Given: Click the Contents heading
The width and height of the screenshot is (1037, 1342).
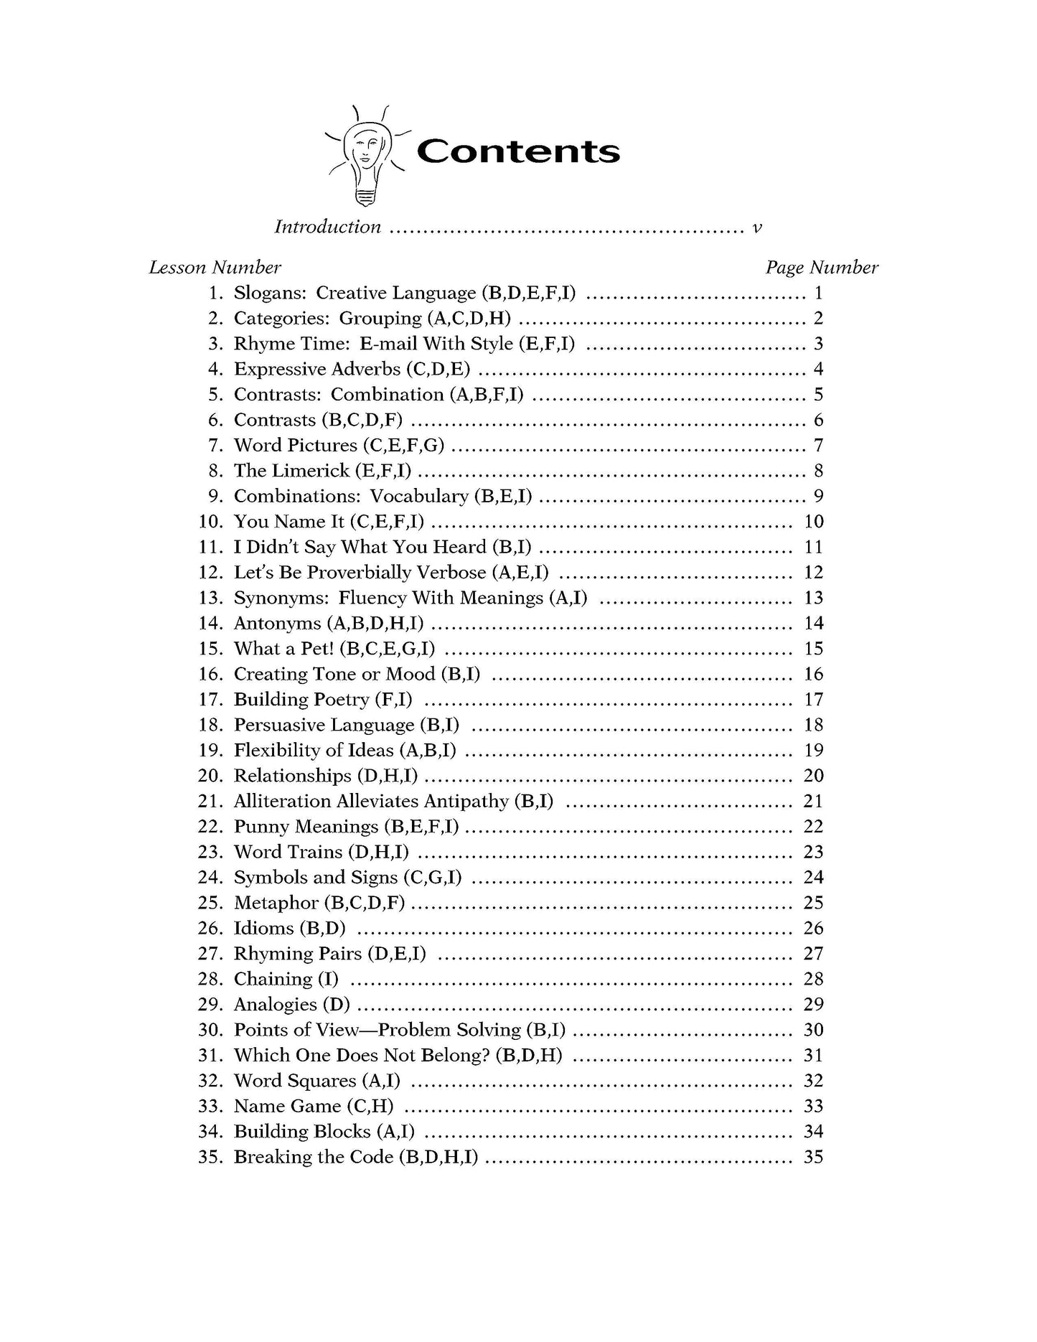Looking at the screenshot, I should click(x=517, y=151).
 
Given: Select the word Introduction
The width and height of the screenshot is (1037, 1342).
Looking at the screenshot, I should click(x=327, y=227).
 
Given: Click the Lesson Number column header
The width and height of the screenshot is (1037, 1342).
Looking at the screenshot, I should click(x=215, y=268).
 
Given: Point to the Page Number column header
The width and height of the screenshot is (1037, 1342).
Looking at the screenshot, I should click(x=821, y=268).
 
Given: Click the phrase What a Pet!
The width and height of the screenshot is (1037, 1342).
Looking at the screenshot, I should click(x=283, y=649).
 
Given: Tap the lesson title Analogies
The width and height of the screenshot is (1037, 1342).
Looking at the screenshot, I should click(x=276, y=1005).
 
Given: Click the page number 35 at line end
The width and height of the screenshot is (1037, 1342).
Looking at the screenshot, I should click(x=813, y=1158).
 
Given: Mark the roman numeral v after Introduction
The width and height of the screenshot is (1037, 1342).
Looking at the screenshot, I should click(x=756, y=228).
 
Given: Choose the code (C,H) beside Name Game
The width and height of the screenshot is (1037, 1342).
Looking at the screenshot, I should click(x=370, y=1107).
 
